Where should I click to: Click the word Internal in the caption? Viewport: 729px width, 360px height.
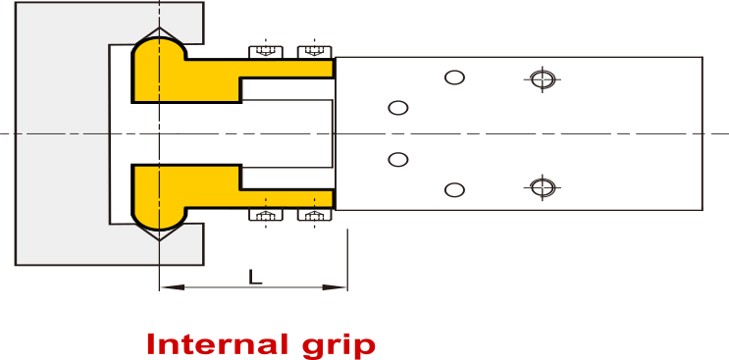pos(212,345)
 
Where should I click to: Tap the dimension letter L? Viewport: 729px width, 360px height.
pos(255,277)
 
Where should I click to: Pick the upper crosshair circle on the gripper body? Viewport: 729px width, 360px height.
pos(543,78)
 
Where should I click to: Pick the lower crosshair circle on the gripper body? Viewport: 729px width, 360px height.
pos(543,185)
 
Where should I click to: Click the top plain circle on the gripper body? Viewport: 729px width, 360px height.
pos(454,77)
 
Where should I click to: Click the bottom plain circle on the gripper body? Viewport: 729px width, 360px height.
pos(454,189)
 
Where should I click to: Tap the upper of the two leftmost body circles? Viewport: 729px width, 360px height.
pos(398,107)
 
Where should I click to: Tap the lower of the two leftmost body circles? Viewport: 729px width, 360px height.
pos(398,159)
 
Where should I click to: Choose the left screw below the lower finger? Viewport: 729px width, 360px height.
pos(264,214)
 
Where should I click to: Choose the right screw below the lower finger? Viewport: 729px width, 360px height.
pos(313,214)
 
